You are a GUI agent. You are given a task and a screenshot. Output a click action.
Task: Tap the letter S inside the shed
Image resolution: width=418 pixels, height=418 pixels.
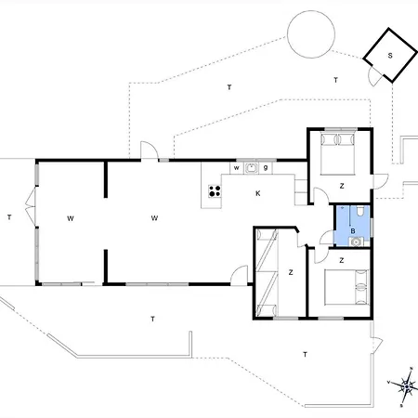[x=389, y=56]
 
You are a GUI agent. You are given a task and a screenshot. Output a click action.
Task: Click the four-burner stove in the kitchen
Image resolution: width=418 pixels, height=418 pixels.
[x=215, y=192]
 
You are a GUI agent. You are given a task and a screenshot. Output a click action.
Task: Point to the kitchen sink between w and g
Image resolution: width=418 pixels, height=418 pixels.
[x=251, y=168]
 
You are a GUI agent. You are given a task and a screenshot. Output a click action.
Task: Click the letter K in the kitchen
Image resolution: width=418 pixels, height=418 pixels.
[x=257, y=193]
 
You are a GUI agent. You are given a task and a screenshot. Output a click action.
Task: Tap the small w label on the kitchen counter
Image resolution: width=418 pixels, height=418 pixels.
[x=236, y=168]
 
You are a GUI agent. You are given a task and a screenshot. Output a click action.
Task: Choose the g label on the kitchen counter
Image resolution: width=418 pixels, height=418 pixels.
[x=266, y=168]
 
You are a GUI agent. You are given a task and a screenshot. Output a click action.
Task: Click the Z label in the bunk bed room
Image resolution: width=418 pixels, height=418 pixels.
[x=291, y=272]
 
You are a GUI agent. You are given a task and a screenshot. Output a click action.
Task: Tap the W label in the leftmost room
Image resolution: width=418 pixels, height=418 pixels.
[x=70, y=218]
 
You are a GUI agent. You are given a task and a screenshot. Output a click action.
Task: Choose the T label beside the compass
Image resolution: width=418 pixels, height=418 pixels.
[x=305, y=355]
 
